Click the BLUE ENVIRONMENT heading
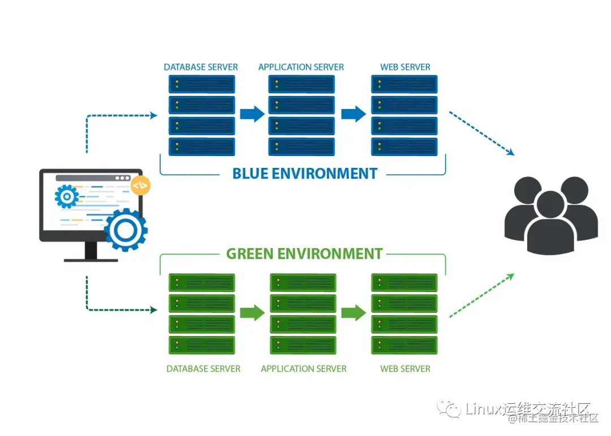(x=304, y=173)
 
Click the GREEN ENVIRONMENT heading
(x=304, y=253)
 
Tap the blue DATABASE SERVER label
(x=201, y=67)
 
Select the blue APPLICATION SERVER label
(x=301, y=67)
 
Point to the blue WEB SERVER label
(x=405, y=67)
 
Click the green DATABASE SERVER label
(x=203, y=369)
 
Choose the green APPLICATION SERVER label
(x=303, y=369)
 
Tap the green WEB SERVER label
(x=405, y=369)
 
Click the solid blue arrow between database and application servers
(x=252, y=114)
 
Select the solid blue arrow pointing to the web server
(x=353, y=114)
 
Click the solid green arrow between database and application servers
(x=252, y=313)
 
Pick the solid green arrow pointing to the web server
(x=353, y=313)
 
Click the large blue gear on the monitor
(x=126, y=229)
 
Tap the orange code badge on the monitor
(x=140, y=185)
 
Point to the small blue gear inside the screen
(x=67, y=197)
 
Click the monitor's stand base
(x=91, y=260)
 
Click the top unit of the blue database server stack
(x=201, y=84)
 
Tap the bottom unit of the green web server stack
(x=404, y=344)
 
